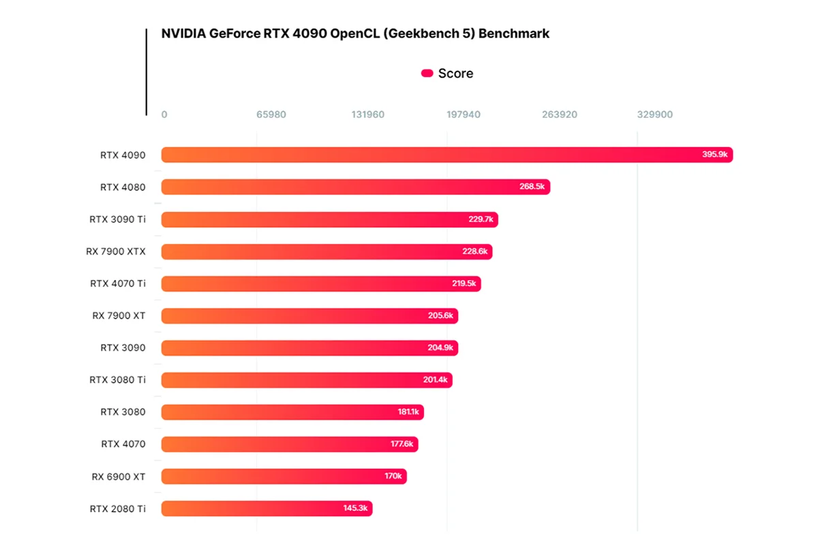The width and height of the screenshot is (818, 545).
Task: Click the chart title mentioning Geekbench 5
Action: pyautogui.click(x=355, y=33)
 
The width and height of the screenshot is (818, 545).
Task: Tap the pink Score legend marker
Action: pyautogui.click(x=427, y=74)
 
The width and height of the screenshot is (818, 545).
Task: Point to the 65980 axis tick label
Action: pyautogui.click(x=271, y=114)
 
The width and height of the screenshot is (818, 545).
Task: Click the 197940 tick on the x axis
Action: pyautogui.click(x=464, y=114)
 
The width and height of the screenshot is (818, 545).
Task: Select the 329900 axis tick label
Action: pyautogui.click(x=654, y=114)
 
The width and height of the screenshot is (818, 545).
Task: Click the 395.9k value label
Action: pyautogui.click(x=715, y=155)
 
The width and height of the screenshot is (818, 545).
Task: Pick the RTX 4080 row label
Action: pyautogui.click(x=123, y=187)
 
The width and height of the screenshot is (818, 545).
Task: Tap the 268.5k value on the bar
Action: pyautogui.click(x=532, y=187)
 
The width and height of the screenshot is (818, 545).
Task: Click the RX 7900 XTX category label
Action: pyautogui.click(x=116, y=251)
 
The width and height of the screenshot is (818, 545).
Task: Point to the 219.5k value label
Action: pyautogui.click(x=463, y=283)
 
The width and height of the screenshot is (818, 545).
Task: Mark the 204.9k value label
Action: pyautogui.click(x=440, y=347)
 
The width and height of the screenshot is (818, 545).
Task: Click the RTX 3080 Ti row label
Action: pyautogui.click(x=117, y=379)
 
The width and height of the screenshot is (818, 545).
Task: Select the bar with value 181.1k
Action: pyautogui.click(x=292, y=412)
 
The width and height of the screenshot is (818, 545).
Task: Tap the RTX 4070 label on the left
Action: pyautogui.click(x=123, y=444)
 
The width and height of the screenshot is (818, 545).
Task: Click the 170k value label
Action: pyautogui.click(x=393, y=476)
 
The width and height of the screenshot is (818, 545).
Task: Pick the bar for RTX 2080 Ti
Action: pyautogui.click(x=267, y=508)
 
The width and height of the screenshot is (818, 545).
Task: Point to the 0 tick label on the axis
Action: pyautogui.click(x=164, y=114)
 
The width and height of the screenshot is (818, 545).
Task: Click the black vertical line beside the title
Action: pyautogui.click(x=146, y=72)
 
